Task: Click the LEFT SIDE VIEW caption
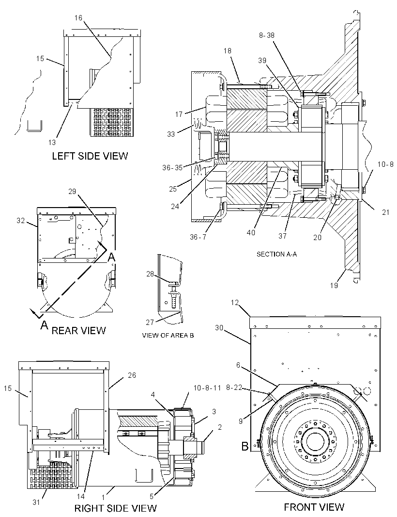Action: pyautogui.click(x=90, y=156)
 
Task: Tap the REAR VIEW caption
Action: pyautogui.click(x=79, y=330)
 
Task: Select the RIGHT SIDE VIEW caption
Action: pyautogui.click(x=116, y=508)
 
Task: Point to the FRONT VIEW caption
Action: pyautogui.click(x=314, y=507)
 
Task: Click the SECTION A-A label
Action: pyautogui.click(x=276, y=254)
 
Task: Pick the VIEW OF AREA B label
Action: pyautogui.click(x=168, y=335)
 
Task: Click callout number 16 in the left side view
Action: pyautogui.click(x=78, y=17)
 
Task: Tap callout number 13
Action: pyautogui.click(x=52, y=143)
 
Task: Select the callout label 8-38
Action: pyautogui.click(x=267, y=35)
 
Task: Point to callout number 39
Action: pyautogui.click(x=262, y=61)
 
